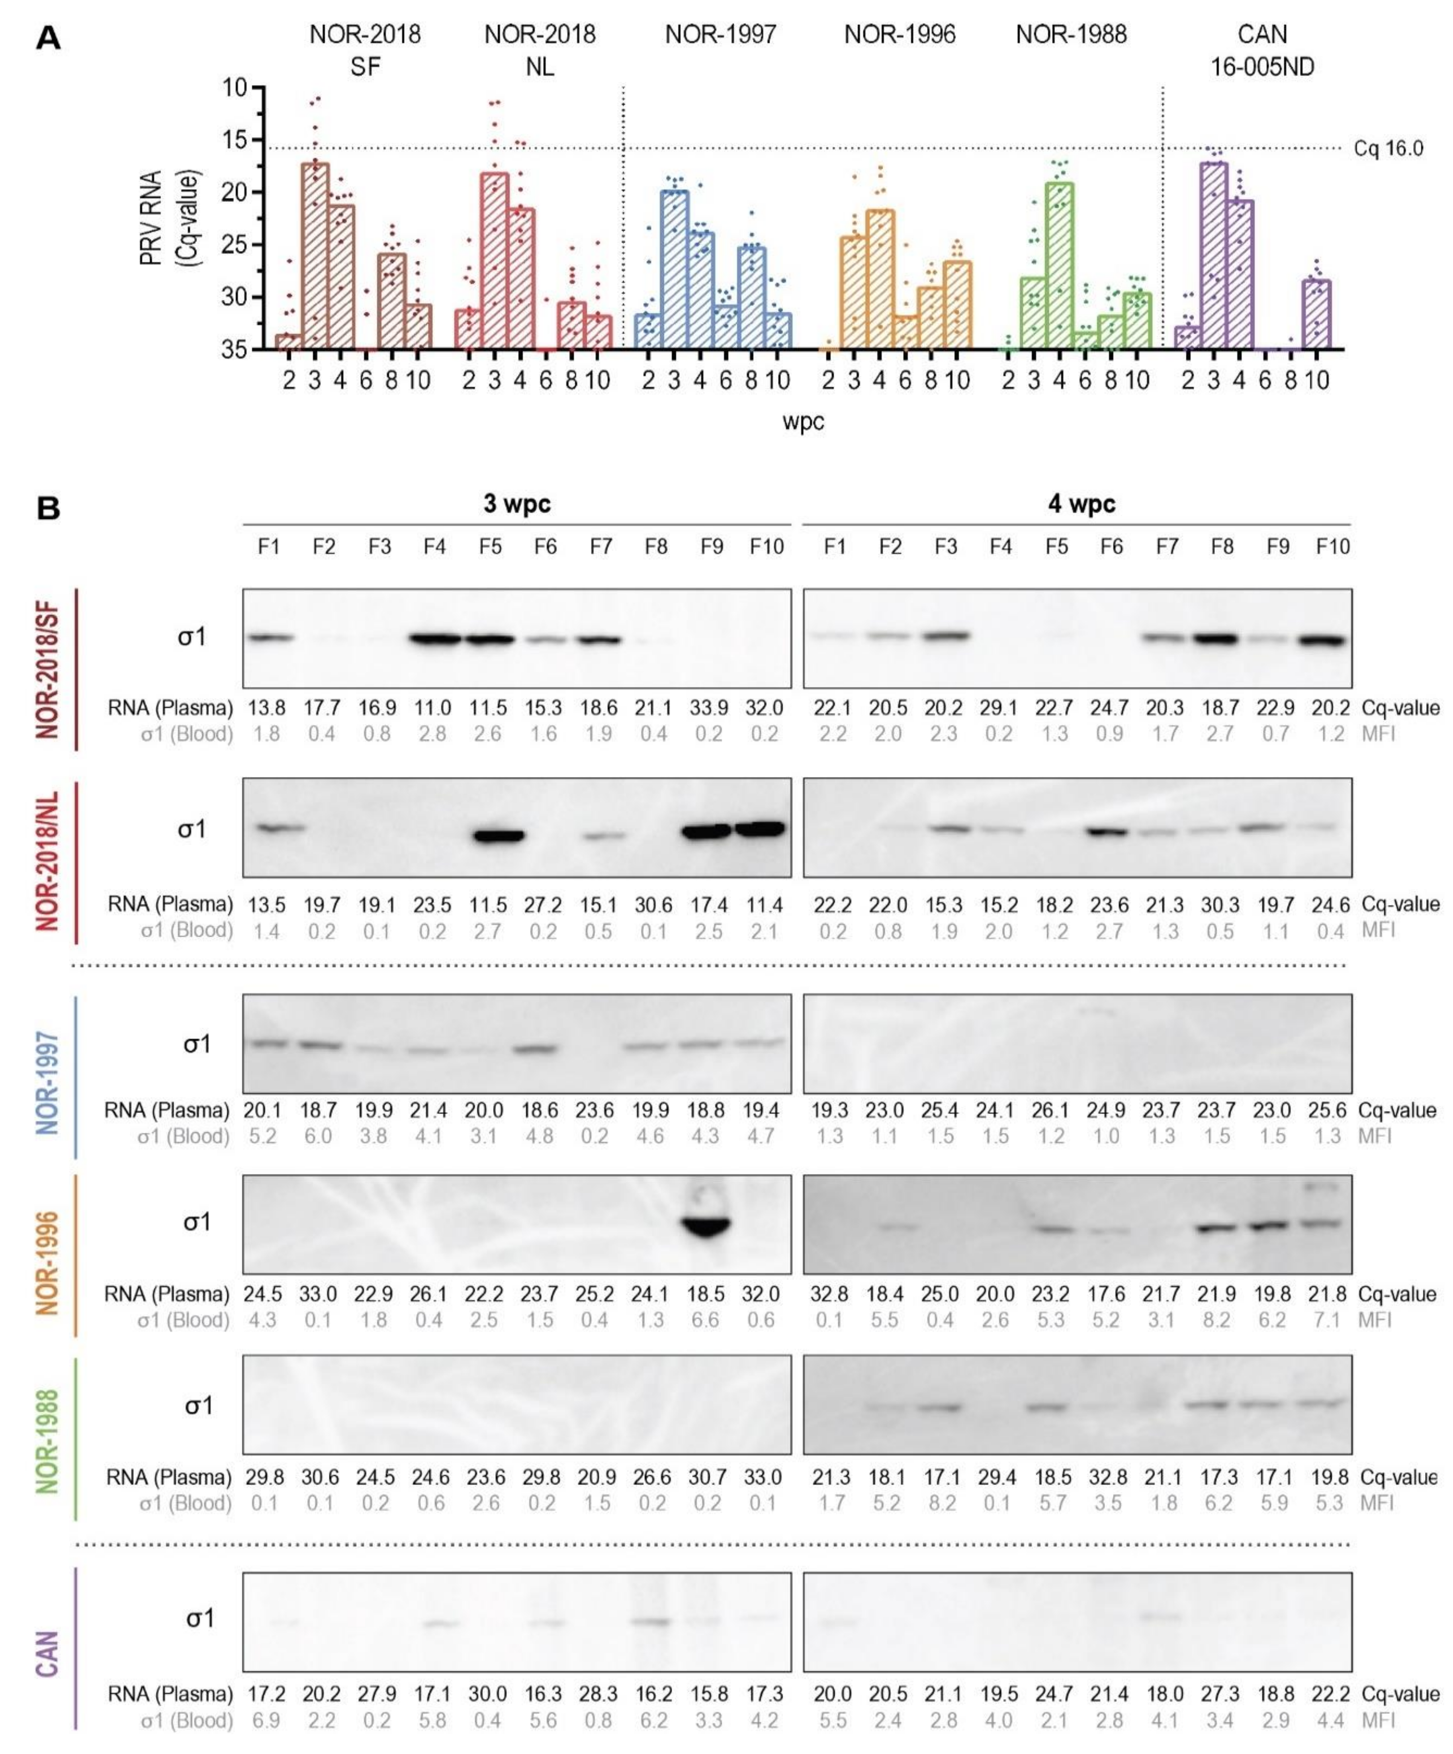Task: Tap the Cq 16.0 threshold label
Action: click(x=1388, y=149)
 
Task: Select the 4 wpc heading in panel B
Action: click(x=1081, y=504)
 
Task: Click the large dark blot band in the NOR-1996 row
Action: click(x=706, y=1225)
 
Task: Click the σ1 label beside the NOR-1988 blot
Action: click(x=198, y=1406)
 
